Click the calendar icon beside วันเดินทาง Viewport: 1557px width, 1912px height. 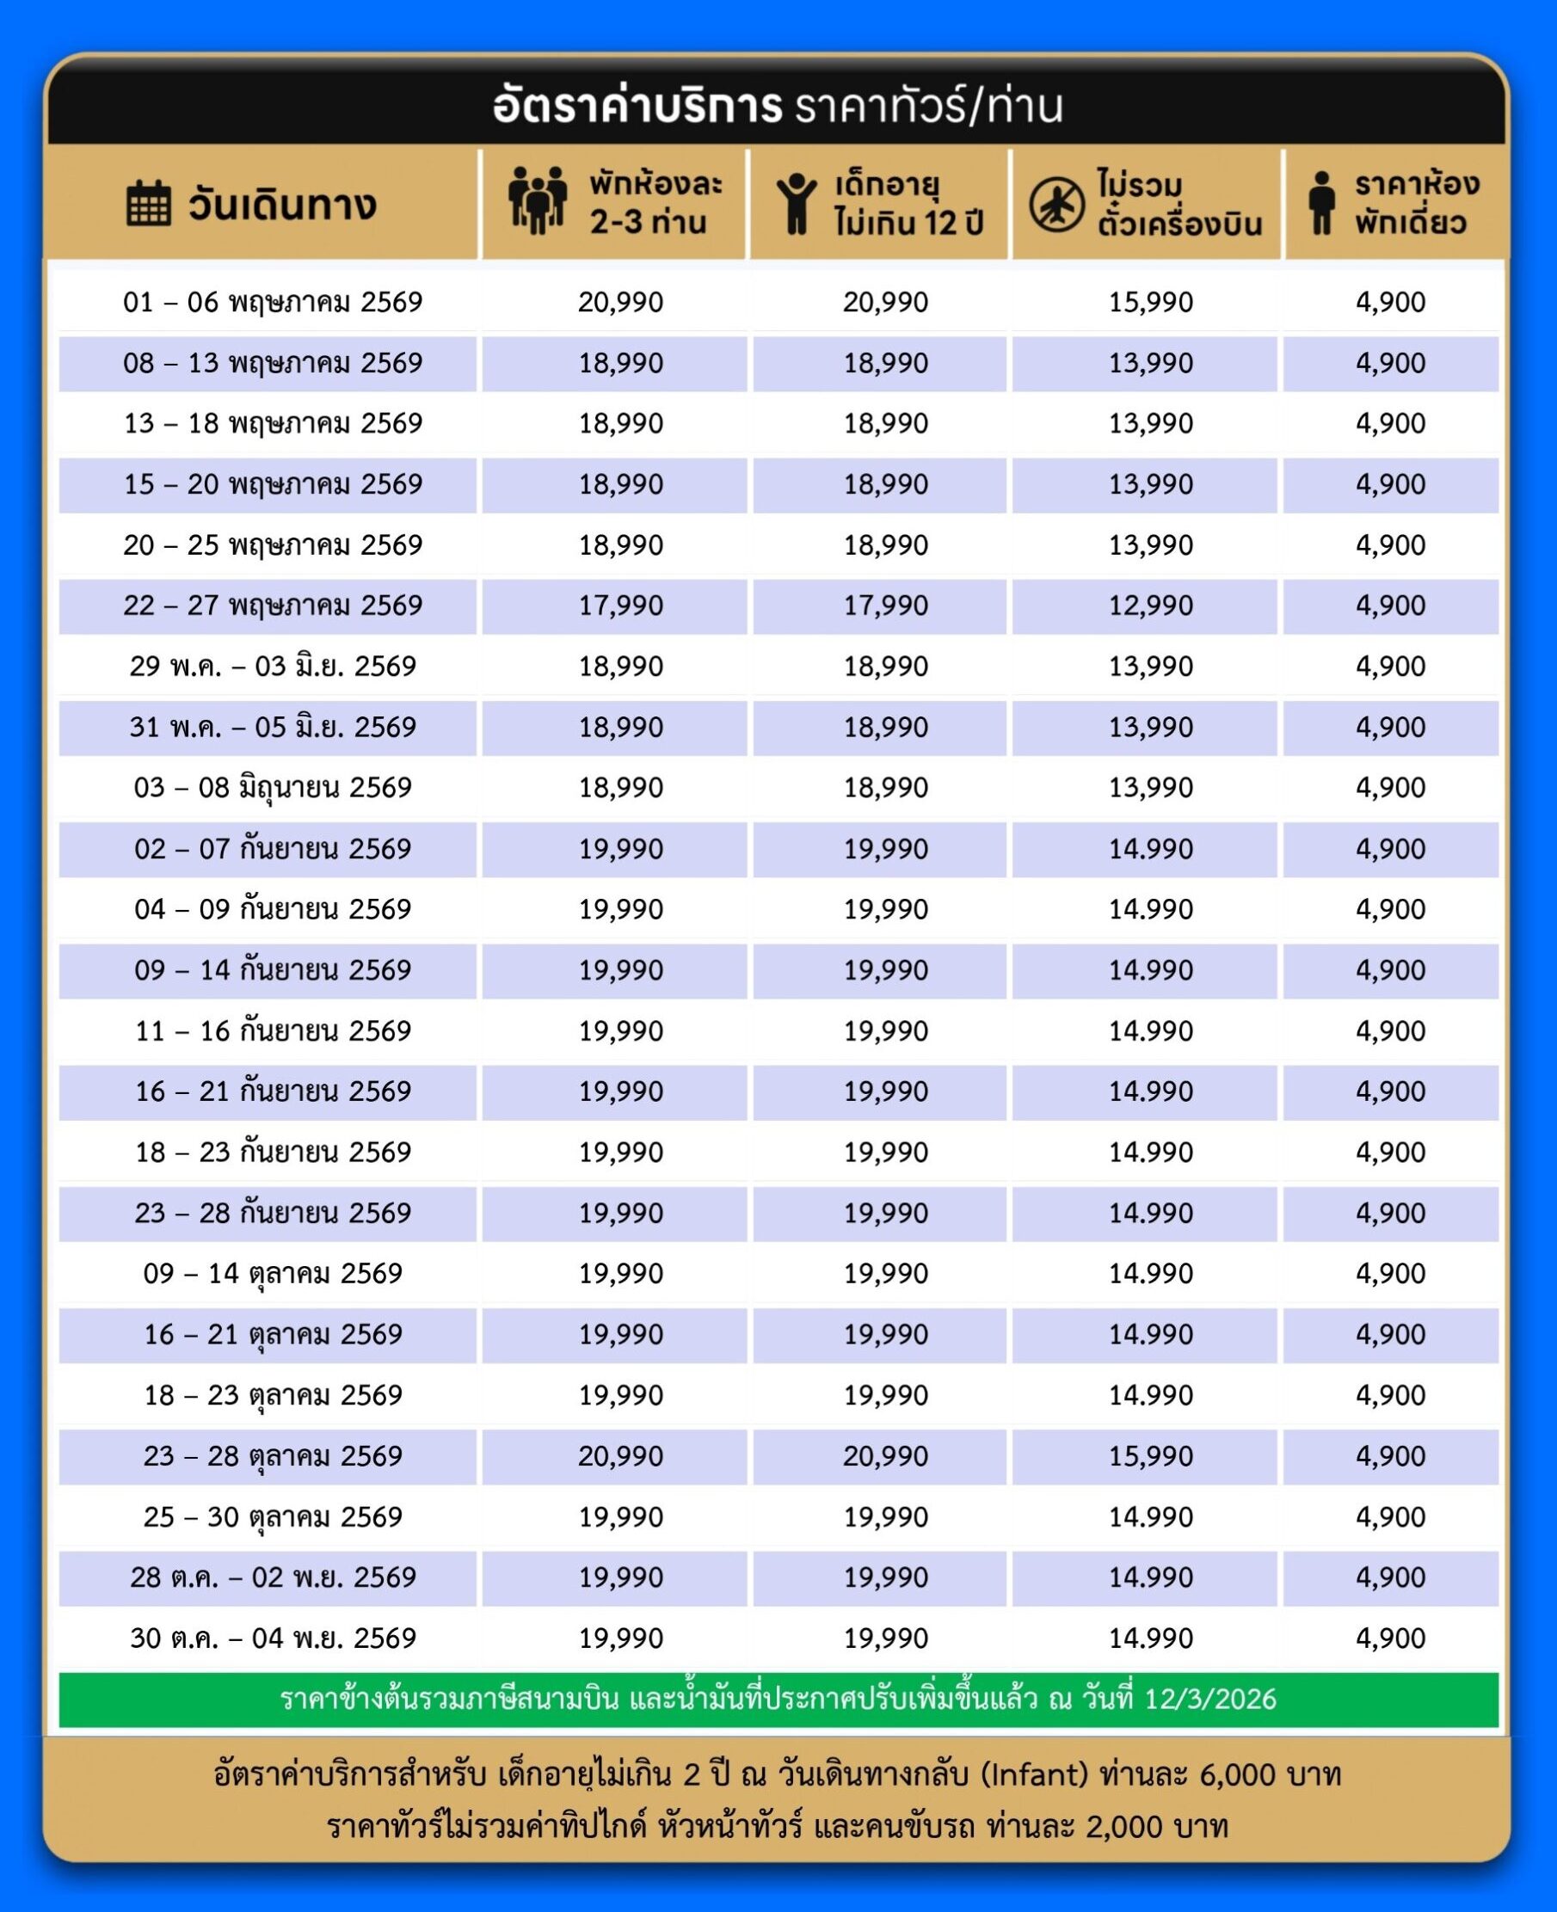148,204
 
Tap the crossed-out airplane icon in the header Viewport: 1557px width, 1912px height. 1056,204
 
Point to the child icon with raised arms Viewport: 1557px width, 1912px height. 796,204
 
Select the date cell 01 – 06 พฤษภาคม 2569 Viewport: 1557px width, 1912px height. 273,302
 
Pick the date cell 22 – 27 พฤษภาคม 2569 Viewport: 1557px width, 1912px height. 273,606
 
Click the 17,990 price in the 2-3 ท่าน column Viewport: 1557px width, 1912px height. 620,606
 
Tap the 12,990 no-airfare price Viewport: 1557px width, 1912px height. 1151,606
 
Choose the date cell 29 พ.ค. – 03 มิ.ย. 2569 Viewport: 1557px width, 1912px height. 273,667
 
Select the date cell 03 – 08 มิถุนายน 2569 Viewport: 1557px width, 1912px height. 273,787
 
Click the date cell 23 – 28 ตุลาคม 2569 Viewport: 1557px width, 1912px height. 273,1455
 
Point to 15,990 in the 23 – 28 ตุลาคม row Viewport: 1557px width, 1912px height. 1151,1455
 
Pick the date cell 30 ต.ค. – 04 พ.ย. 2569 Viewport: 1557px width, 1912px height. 273,1638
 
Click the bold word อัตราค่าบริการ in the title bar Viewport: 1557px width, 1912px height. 637,107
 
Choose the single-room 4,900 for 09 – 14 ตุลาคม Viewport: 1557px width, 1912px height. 1390,1274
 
